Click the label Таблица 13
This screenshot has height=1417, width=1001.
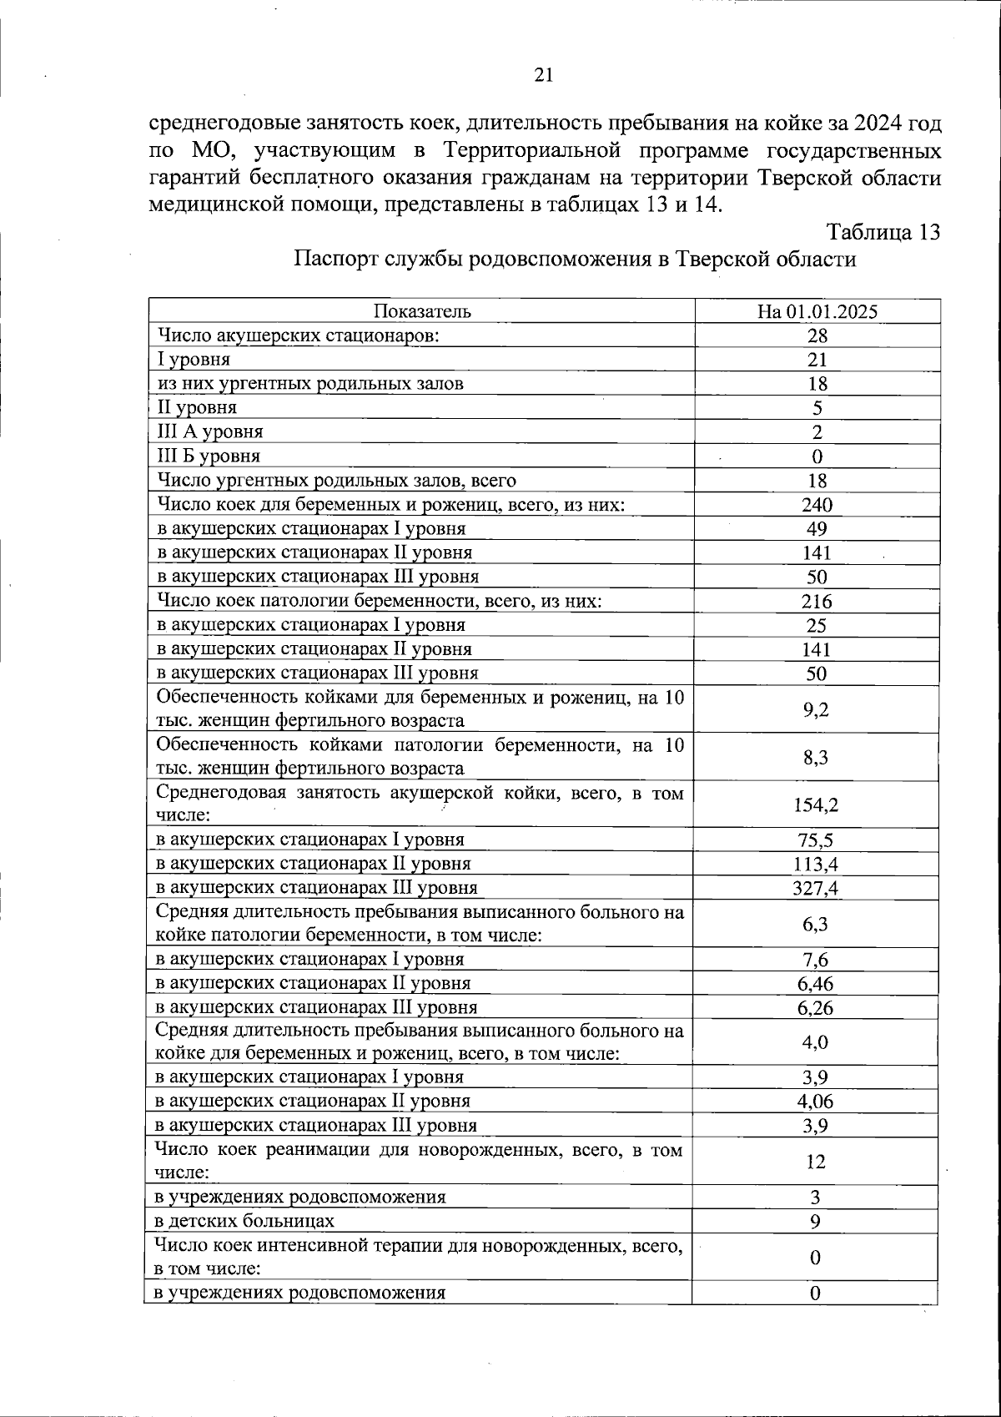(x=883, y=232)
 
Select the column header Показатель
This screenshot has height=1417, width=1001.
(x=422, y=311)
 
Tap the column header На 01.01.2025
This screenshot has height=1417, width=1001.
(x=817, y=311)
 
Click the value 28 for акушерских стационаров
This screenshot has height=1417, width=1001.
(x=817, y=335)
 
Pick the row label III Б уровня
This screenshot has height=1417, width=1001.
(x=209, y=456)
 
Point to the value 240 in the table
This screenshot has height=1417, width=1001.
(x=817, y=504)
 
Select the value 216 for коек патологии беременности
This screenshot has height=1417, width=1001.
(x=817, y=601)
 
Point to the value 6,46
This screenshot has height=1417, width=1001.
(x=815, y=984)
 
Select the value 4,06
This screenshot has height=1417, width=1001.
(x=815, y=1102)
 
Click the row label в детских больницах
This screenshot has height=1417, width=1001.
(x=245, y=1221)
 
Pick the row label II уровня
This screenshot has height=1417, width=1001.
(x=198, y=407)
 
